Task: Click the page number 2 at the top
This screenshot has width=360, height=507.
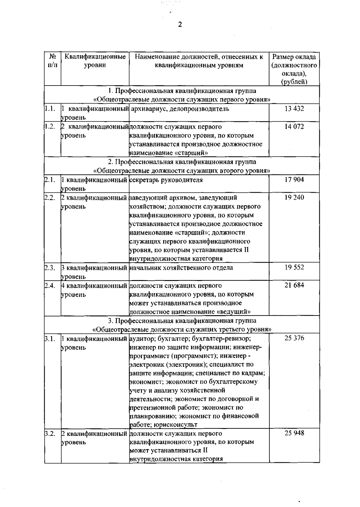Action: (x=180, y=25)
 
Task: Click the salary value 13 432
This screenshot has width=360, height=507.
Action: (x=294, y=109)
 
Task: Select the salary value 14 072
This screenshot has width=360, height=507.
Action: (x=294, y=126)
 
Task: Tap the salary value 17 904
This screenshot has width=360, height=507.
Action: (x=294, y=180)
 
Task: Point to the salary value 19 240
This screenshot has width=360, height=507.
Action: (x=294, y=197)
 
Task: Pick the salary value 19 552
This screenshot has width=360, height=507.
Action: (x=294, y=267)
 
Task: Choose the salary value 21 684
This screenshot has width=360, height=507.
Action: (x=294, y=285)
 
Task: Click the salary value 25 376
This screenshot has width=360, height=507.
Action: (x=294, y=338)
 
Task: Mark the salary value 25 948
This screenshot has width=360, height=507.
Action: (x=294, y=433)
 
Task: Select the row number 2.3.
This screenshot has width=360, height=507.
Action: (x=49, y=267)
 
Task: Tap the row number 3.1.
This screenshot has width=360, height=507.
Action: (x=49, y=339)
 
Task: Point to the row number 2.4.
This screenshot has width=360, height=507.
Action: (x=49, y=285)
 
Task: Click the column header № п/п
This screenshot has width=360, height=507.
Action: (x=52, y=61)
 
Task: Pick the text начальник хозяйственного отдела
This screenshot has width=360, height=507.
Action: (x=181, y=267)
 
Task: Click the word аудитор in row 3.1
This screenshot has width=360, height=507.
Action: (x=141, y=339)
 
